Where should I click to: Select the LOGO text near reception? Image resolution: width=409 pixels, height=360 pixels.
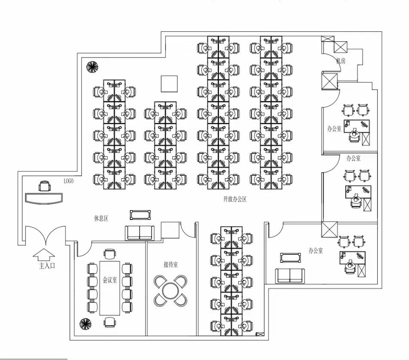point(68,181)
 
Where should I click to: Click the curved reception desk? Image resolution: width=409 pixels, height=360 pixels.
point(44,198)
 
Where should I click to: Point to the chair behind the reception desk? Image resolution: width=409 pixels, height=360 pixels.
point(44,186)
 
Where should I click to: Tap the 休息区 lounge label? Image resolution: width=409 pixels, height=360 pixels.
point(101,218)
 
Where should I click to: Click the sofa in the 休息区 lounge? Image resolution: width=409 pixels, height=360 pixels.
point(139,232)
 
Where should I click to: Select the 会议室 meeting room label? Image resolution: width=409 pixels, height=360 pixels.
point(110,280)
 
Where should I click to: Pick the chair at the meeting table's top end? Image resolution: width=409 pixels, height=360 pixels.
point(110,254)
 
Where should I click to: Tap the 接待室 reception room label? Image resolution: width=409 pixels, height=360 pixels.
point(170,265)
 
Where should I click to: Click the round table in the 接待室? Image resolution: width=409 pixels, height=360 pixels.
point(170,290)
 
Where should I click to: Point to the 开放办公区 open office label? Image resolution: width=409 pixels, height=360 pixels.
point(234,199)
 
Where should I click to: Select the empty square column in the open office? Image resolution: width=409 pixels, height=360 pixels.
point(169,83)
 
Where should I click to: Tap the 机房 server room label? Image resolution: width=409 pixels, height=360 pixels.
point(341,61)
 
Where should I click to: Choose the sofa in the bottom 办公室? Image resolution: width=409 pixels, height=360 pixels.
point(290,275)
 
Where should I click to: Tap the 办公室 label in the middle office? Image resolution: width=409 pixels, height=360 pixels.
point(354,158)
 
